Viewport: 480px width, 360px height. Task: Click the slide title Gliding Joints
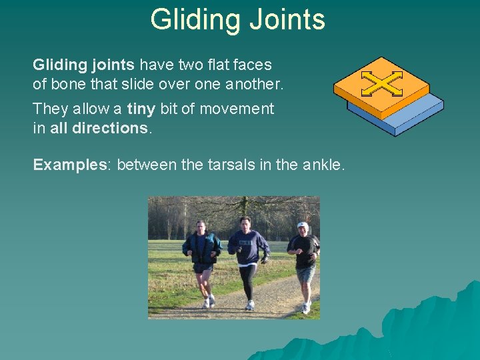pos(237,19)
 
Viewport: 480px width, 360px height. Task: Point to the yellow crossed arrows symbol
pos(381,83)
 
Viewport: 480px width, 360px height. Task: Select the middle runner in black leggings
pos(247,260)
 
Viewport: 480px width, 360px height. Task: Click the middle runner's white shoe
pos(250,305)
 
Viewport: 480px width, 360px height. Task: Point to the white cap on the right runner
pos(303,225)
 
